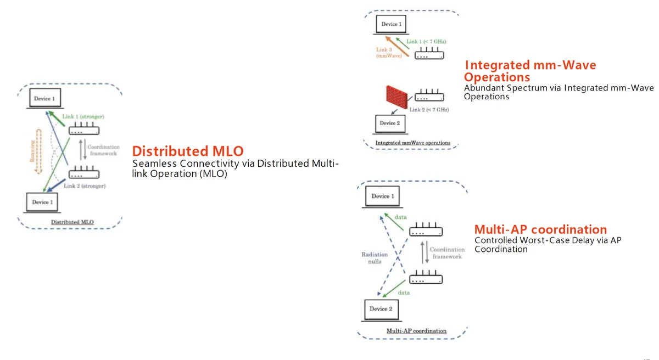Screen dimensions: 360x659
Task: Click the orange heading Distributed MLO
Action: point(188,151)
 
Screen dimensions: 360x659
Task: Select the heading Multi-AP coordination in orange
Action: point(540,229)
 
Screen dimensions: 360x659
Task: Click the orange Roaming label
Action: point(32,150)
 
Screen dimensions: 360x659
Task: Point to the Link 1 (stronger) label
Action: point(84,117)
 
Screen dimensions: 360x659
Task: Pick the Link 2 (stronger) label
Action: point(85,186)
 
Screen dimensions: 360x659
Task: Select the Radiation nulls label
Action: point(375,258)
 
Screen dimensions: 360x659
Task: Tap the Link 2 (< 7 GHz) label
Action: point(429,110)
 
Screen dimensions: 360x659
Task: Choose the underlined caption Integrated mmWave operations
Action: point(412,143)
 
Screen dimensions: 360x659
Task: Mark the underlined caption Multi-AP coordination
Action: point(416,331)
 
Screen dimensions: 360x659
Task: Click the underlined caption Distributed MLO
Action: point(72,222)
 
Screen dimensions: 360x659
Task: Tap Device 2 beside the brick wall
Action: point(389,124)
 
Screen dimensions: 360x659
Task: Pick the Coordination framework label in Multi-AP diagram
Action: point(446,253)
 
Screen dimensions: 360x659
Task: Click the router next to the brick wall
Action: point(428,96)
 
